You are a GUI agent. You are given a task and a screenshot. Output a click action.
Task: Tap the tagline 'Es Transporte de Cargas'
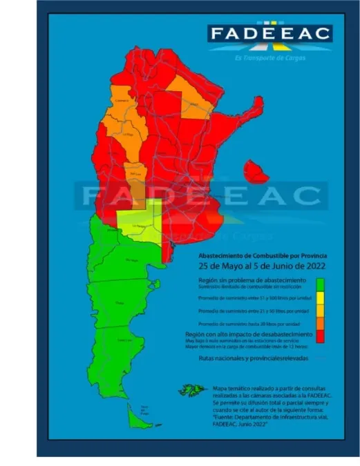270,57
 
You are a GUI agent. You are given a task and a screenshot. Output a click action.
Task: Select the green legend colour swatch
320,284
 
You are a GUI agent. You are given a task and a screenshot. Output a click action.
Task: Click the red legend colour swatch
320,336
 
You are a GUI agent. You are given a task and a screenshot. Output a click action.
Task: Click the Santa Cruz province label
125,340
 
